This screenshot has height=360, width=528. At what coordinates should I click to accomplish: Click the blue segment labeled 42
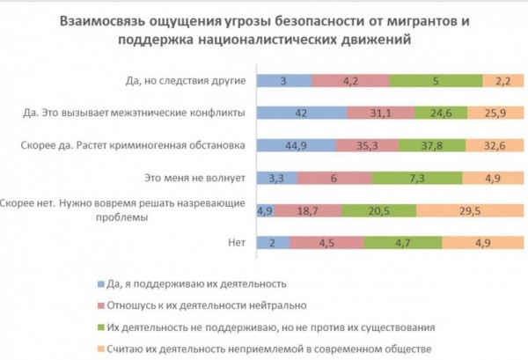click(x=301, y=112)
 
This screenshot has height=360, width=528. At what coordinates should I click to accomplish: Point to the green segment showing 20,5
click(x=379, y=210)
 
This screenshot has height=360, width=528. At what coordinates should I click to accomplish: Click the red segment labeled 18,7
click(x=307, y=210)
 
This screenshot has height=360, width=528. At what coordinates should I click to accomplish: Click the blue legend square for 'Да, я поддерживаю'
click(x=95, y=283)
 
